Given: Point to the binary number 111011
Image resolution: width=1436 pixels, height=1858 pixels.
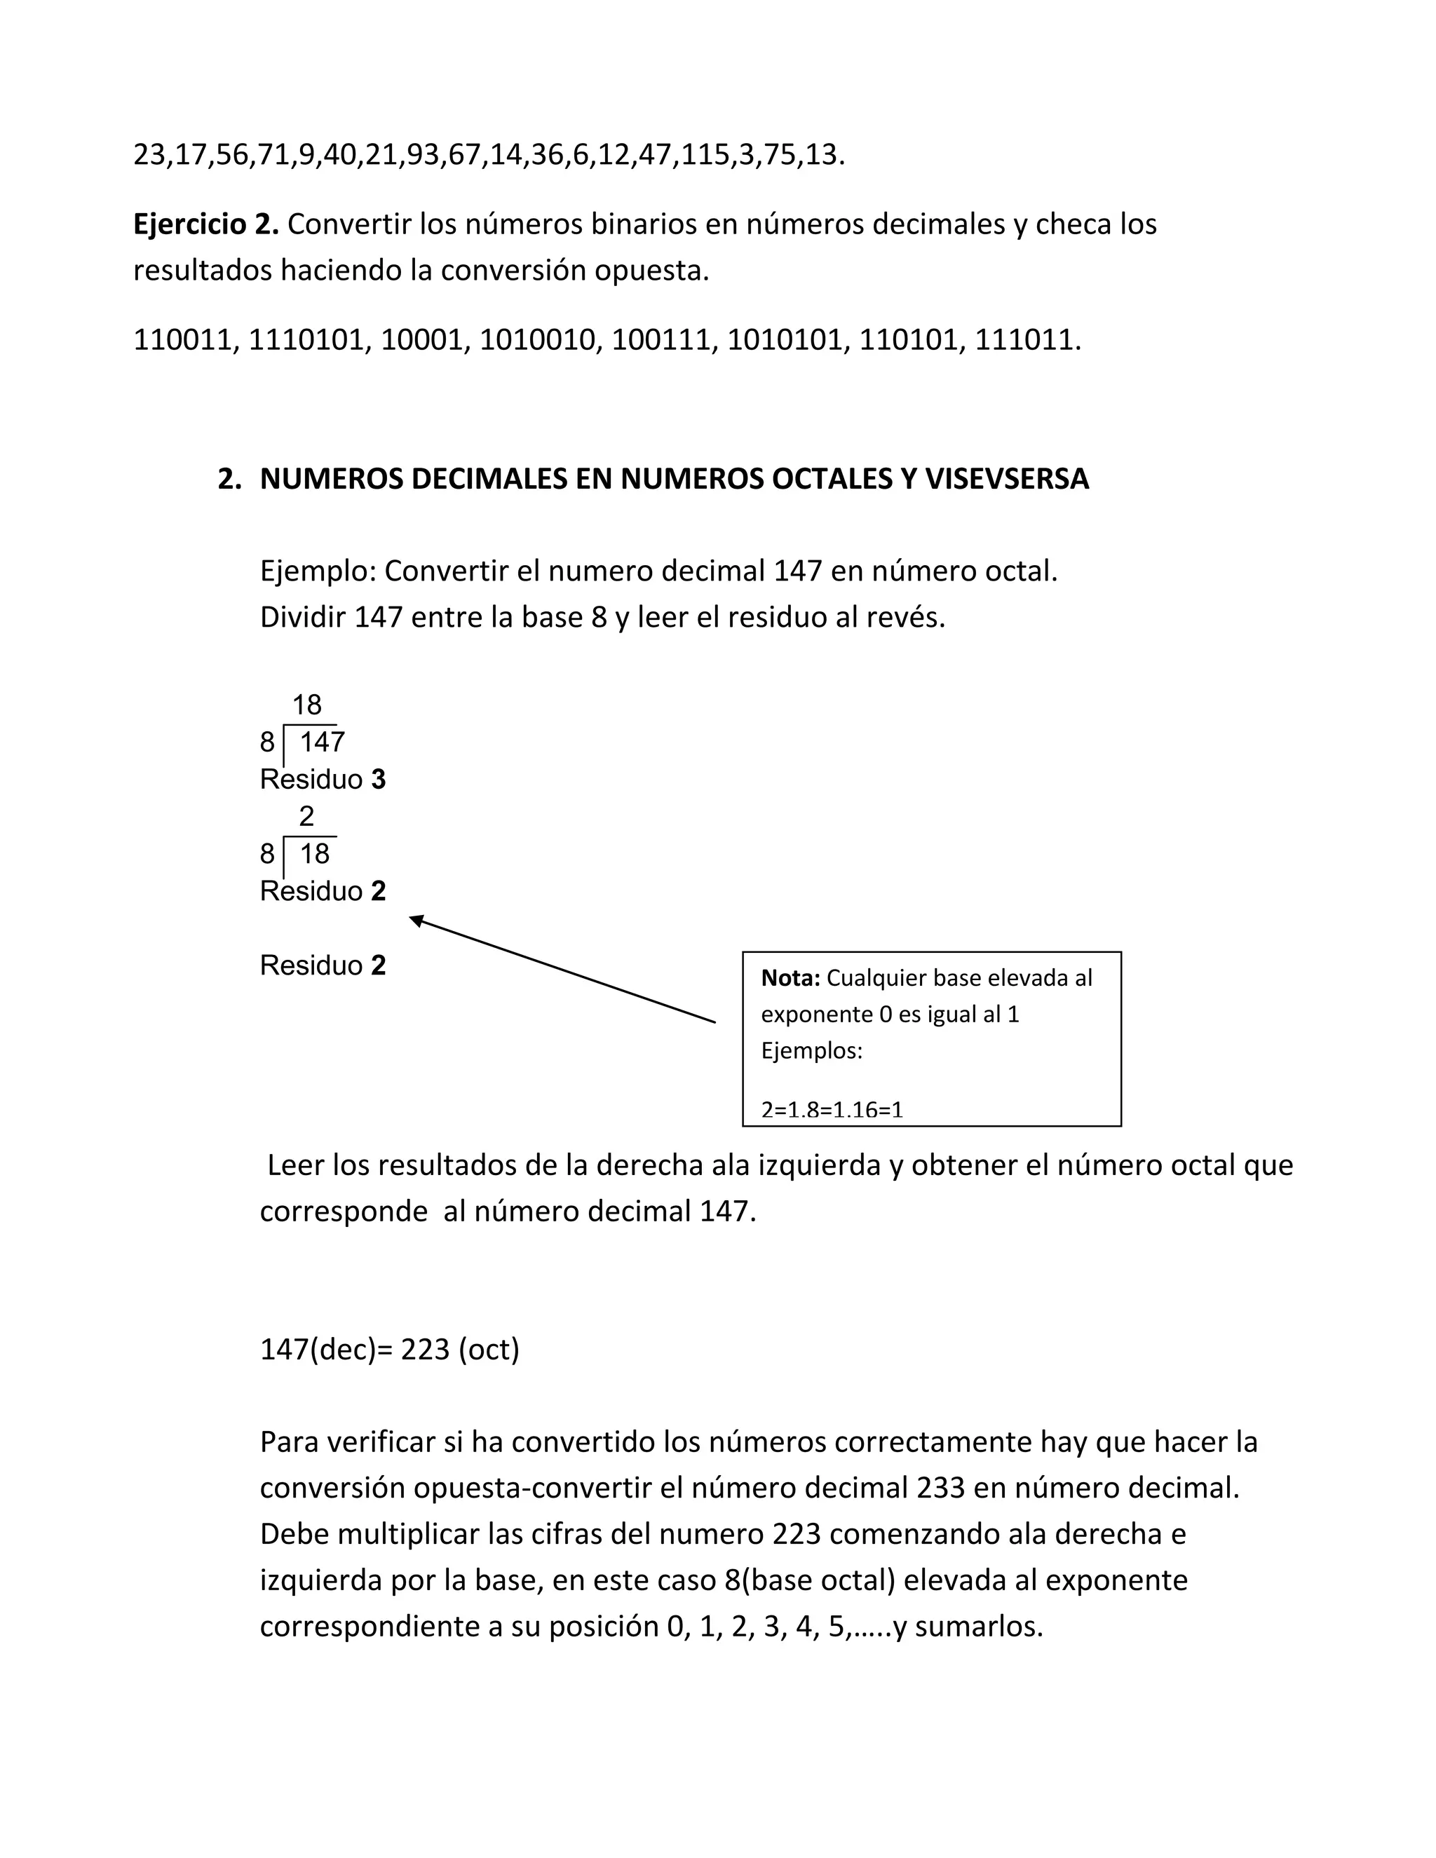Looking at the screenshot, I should pos(1026,340).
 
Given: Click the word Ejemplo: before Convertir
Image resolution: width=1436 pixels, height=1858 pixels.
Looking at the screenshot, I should pos(318,571).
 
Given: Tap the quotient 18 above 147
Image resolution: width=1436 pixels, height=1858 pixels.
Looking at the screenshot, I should pos(307,705).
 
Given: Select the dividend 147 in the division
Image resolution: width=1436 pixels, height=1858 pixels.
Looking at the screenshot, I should pos(323,742).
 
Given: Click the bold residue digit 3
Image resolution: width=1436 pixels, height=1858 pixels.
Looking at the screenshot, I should pos(379,780).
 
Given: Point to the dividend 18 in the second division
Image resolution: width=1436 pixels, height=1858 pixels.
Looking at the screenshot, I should pos(315,854).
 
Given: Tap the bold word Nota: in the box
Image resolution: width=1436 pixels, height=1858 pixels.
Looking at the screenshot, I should pos(790,978).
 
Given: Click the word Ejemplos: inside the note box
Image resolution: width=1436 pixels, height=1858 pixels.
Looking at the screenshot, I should pos(811,1052).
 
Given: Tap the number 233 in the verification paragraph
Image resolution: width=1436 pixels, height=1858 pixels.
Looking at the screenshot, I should pos(941,1488).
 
